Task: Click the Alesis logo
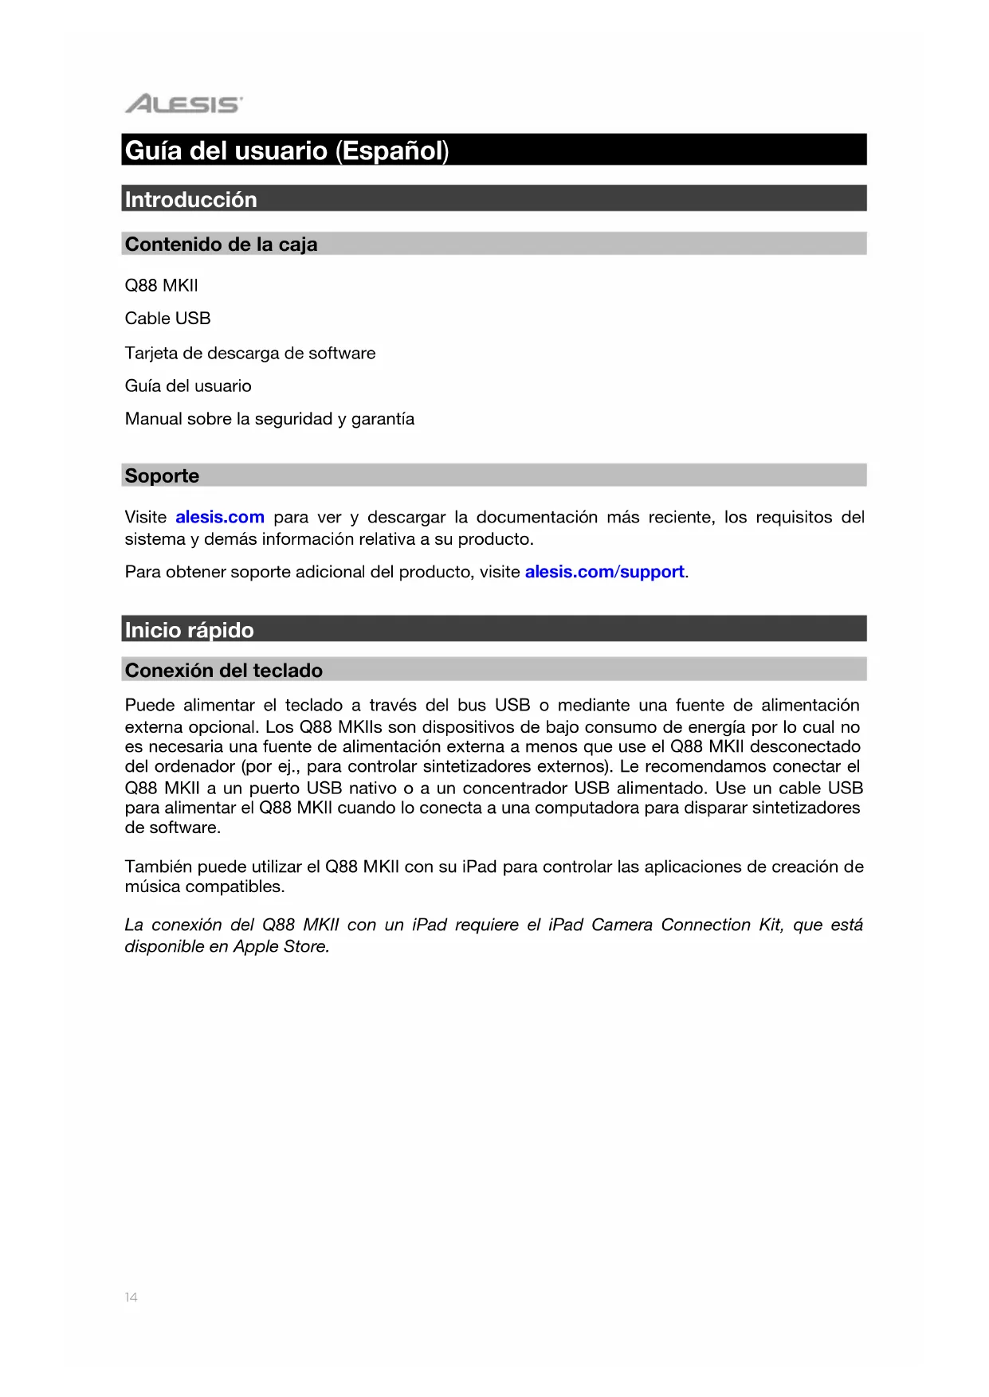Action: (x=183, y=104)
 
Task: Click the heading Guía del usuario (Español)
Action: (x=287, y=151)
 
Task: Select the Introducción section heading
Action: (x=191, y=199)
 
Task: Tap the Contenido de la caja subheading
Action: (x=221, y=245)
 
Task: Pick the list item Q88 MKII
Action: (x=162, y=285)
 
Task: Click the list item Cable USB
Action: (x=167, y=319)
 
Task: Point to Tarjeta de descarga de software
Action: (x=250, y=353)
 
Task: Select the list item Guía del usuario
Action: (x=188, y=386)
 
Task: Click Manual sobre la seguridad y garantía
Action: (x=269, y=419)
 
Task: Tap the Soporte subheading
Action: (x=162, y=475)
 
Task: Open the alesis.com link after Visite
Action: (x=220, y=518)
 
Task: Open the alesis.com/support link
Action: (x=604, y=572)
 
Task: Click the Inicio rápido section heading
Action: (x=189, y=630)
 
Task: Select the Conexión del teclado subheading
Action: (x=224, y=671)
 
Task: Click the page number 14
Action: (x=131, y=1297)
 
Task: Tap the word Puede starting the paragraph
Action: (x=150, y=706)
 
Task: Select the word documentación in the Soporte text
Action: (x=536, y=518)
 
